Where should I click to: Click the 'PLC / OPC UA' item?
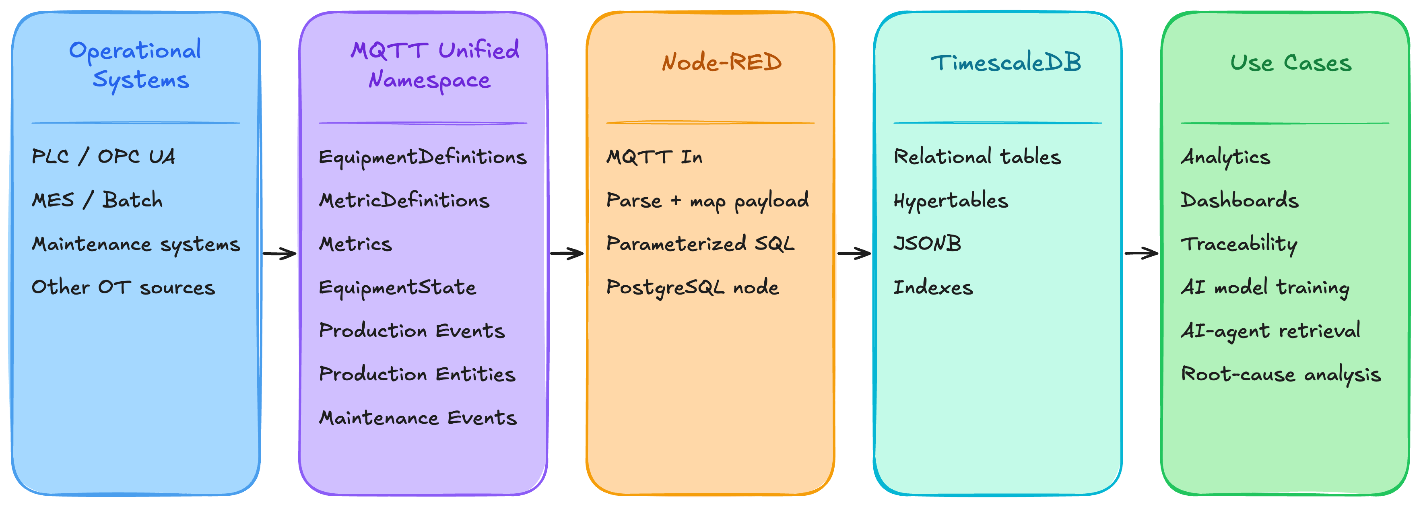pos(103,157)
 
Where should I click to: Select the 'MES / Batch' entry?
pos(97,200)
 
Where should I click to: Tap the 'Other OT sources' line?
pos(123,287)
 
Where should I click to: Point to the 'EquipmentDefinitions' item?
pos(423,158)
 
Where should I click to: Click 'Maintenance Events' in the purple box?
pos(418,418)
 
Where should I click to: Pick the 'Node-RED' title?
pos(722,62)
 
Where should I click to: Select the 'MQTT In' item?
pos(654,157)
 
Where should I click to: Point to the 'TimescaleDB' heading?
pos(1006,62)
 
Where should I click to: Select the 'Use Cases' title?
pos(1291,62)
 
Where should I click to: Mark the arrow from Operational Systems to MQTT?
pos(280,254)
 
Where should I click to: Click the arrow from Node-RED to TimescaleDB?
pos(854,254)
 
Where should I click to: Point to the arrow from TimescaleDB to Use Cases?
pos(1142,254)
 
